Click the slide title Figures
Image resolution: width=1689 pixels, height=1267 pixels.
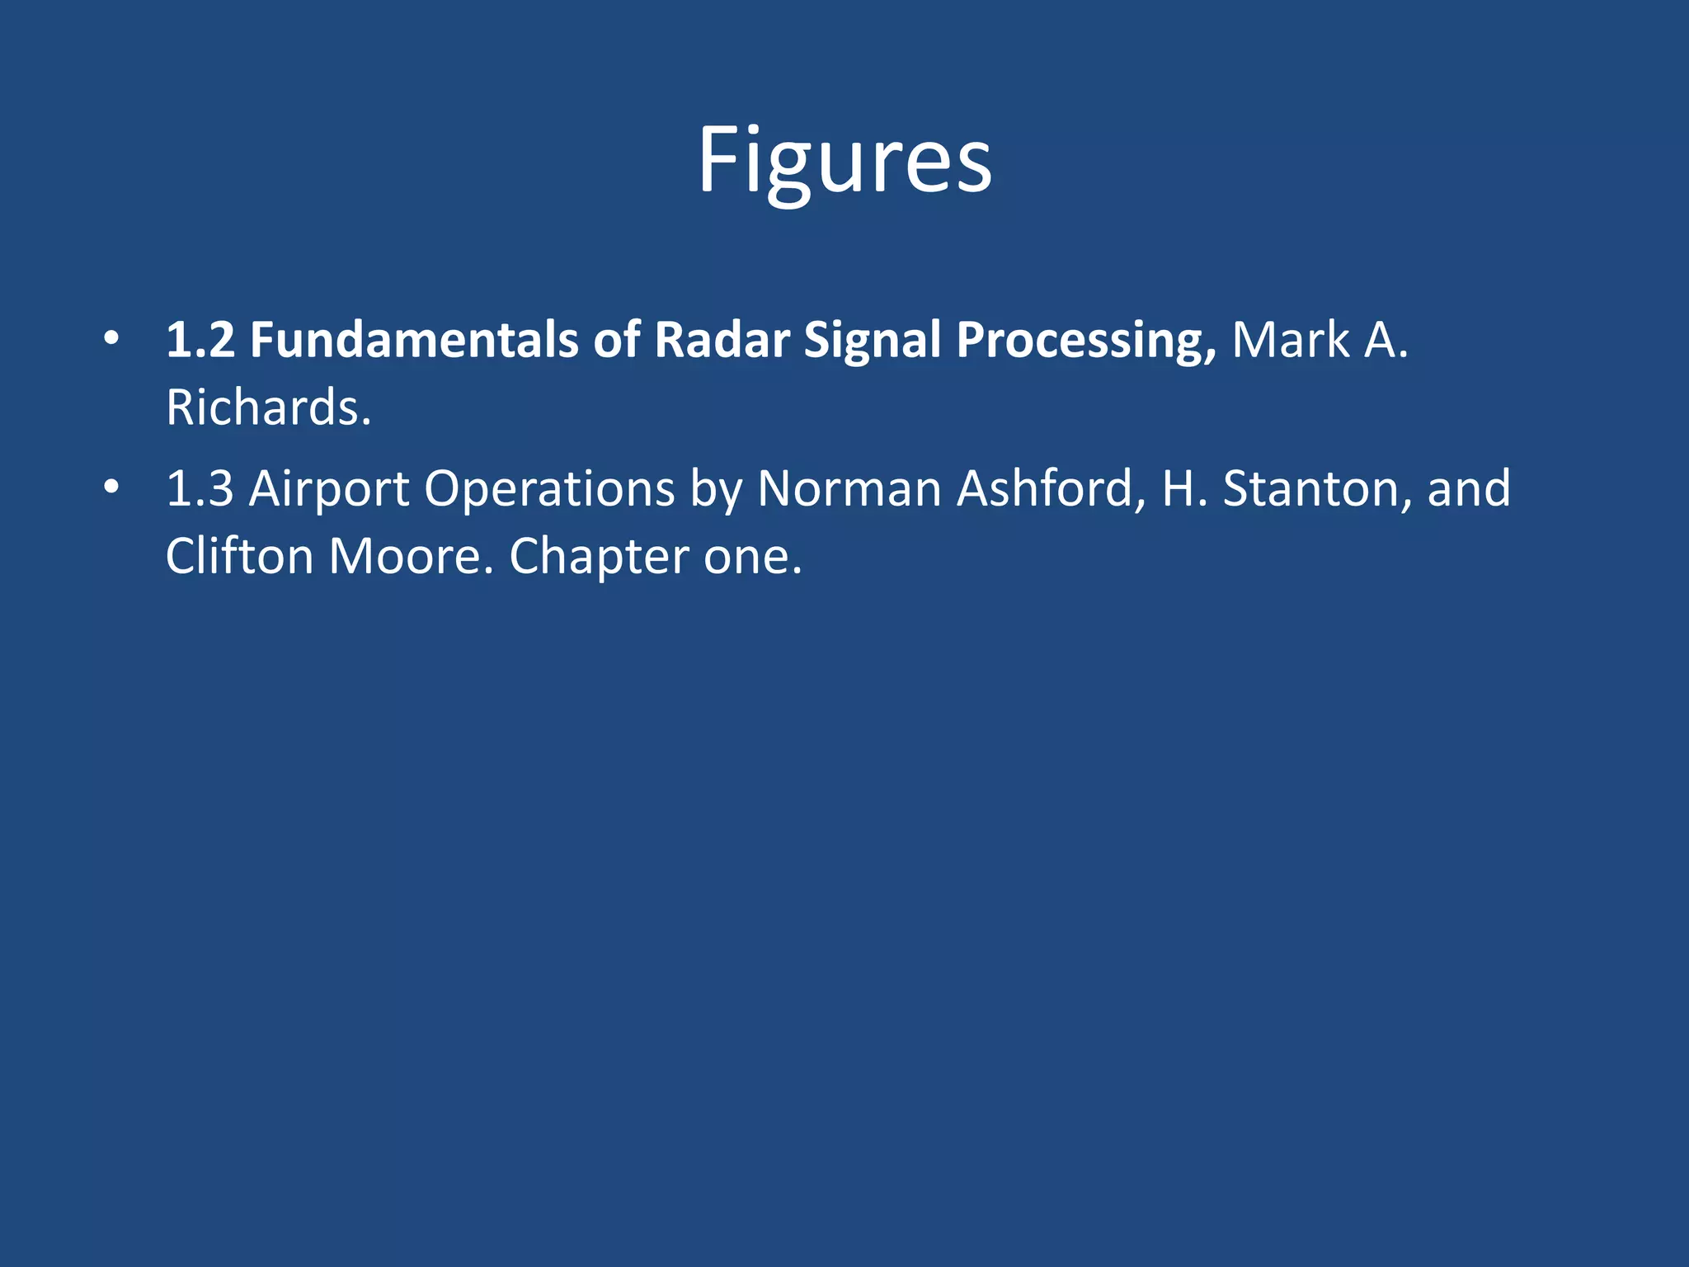click(844, 160)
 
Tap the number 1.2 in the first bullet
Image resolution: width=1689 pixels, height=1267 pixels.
click(200, 340)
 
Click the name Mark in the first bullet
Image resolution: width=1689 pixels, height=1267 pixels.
click(1291, 340)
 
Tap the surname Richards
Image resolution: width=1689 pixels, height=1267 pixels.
click(268, 407)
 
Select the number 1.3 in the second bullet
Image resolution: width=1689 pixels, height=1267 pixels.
click(200, 488)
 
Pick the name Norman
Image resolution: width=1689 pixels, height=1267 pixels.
click(849, 488)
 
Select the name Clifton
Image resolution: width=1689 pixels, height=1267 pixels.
click(239, 556)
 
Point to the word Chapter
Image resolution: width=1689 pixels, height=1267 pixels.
click(599, 558)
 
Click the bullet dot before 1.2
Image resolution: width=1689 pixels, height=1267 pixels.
click(111, 338)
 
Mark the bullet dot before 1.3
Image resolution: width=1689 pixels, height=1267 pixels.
click(111, 487)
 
